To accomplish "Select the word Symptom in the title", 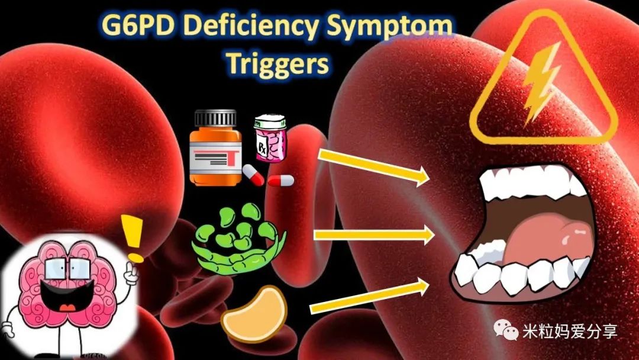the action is pos(389,27).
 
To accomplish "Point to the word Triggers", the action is pos(277,65).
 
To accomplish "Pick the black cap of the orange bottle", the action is pos(215,118).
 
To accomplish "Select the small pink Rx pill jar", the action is pos(270,138).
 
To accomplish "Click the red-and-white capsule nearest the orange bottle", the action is pos(253,175).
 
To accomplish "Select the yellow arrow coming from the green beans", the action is pos(375,235).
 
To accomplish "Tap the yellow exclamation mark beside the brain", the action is pos(133,239).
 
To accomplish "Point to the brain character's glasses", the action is pos(67,269).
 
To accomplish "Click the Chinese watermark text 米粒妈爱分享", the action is pos(570,331).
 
